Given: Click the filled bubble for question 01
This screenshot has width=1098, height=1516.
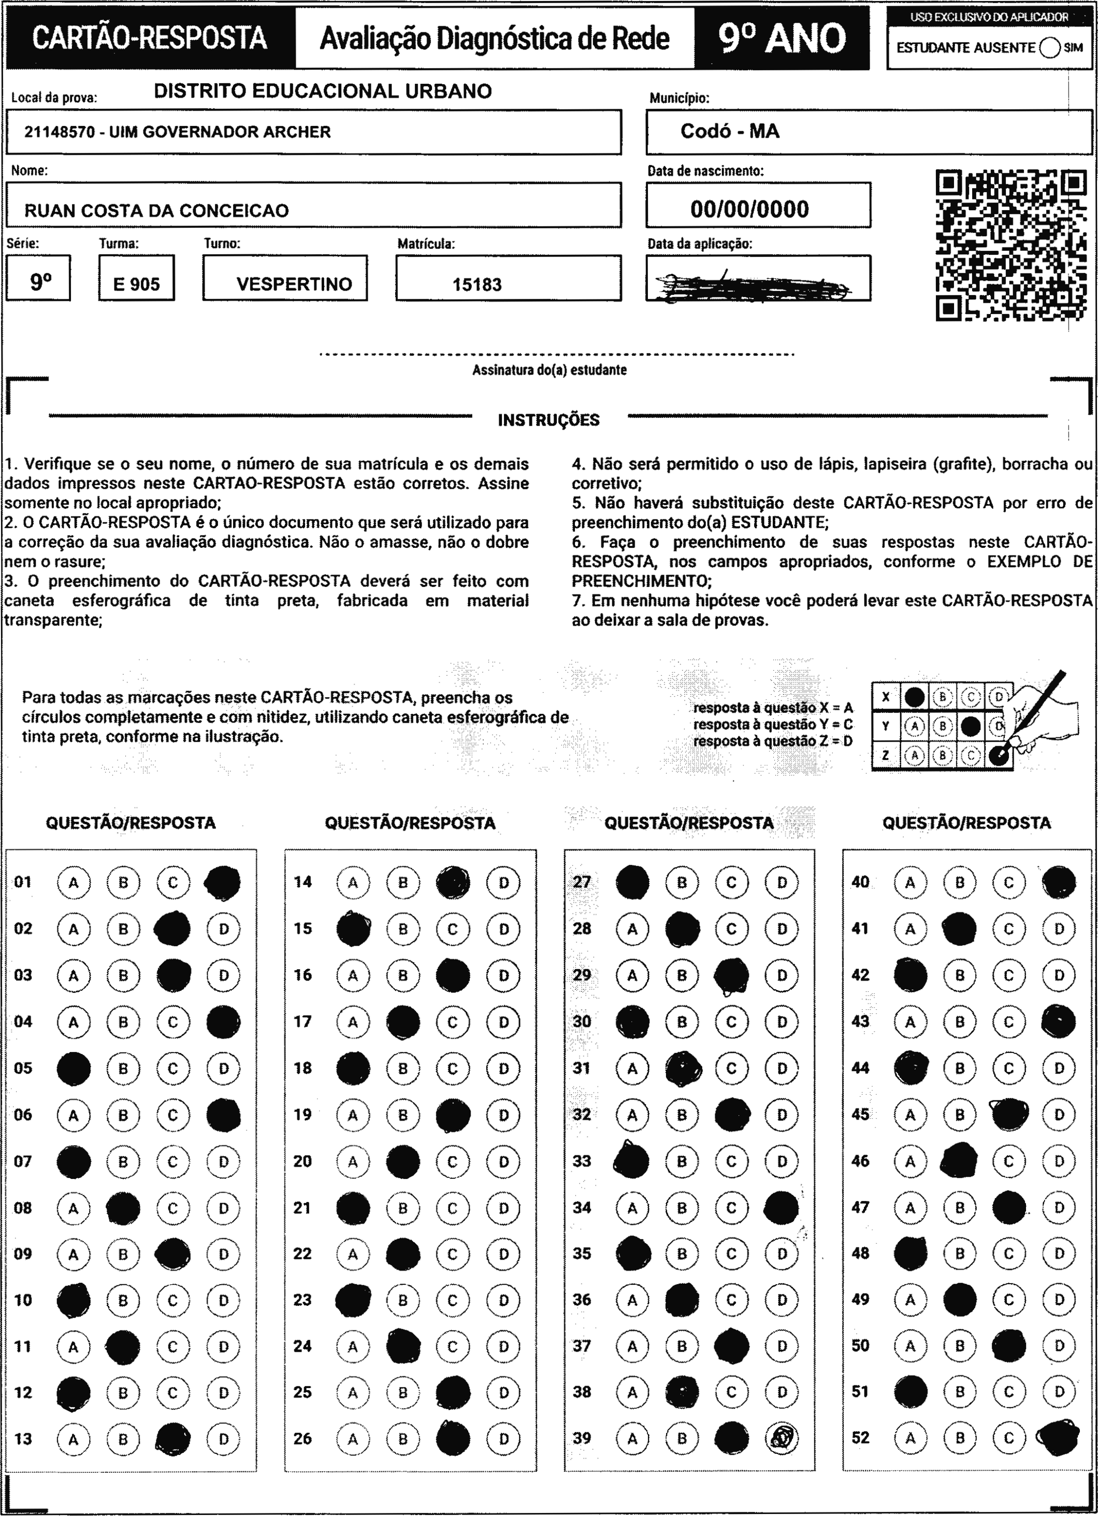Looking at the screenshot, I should [222, 882].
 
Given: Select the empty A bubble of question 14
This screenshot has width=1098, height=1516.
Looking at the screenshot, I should [353, 882].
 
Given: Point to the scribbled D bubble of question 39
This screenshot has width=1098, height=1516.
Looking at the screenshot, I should [782, 1438].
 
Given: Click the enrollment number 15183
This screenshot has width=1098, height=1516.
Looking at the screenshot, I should [477, 285].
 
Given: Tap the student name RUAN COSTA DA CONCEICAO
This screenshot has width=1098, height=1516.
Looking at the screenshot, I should [156, 211].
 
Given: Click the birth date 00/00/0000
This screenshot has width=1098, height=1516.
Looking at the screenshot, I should [749, 210].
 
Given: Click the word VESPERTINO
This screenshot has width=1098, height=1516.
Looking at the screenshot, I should [294, 284].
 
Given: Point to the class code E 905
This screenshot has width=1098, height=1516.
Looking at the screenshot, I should [136, 285].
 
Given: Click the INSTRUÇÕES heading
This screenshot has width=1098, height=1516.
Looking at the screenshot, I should [549, 420].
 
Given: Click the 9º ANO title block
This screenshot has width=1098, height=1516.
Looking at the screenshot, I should [782, 38].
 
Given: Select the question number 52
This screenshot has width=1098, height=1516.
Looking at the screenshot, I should [861, 1437].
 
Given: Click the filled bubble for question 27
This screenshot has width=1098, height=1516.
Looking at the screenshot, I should [632, 882].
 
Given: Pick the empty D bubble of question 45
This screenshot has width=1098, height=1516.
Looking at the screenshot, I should [1058, 1114].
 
